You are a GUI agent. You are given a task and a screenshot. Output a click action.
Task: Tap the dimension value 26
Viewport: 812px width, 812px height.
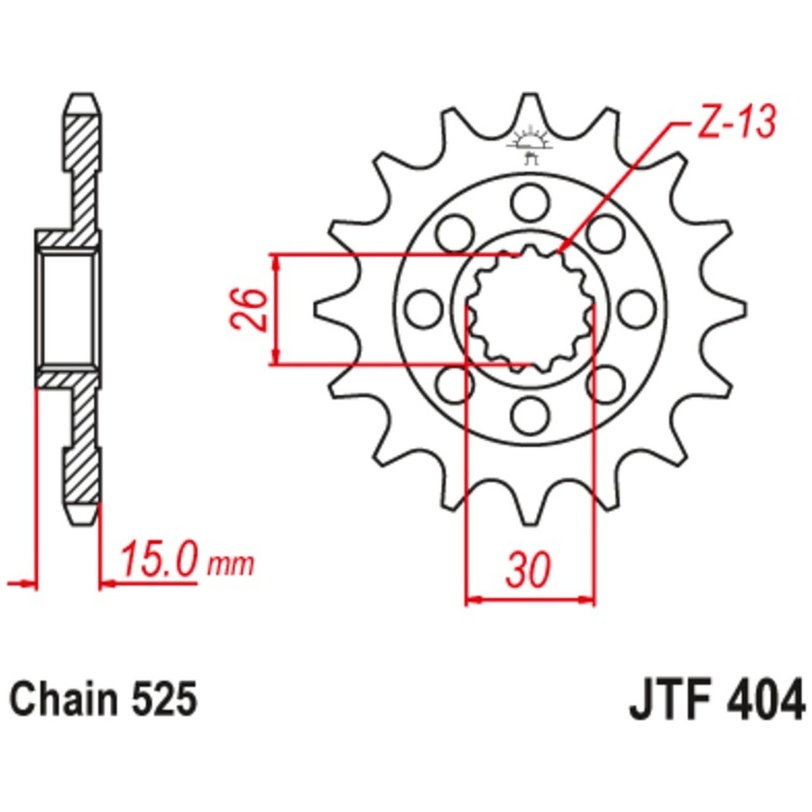pyautogui.click(x=248, y=310)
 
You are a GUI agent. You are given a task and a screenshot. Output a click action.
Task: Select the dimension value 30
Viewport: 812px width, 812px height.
pyautogui.click(x=528, y=569)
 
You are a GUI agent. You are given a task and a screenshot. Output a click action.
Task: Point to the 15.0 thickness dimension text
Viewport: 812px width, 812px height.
pyautogui.click(x=158, y=562)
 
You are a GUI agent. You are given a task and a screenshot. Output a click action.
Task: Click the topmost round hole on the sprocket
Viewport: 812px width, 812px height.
pyautogui.click(x=529, y=198)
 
